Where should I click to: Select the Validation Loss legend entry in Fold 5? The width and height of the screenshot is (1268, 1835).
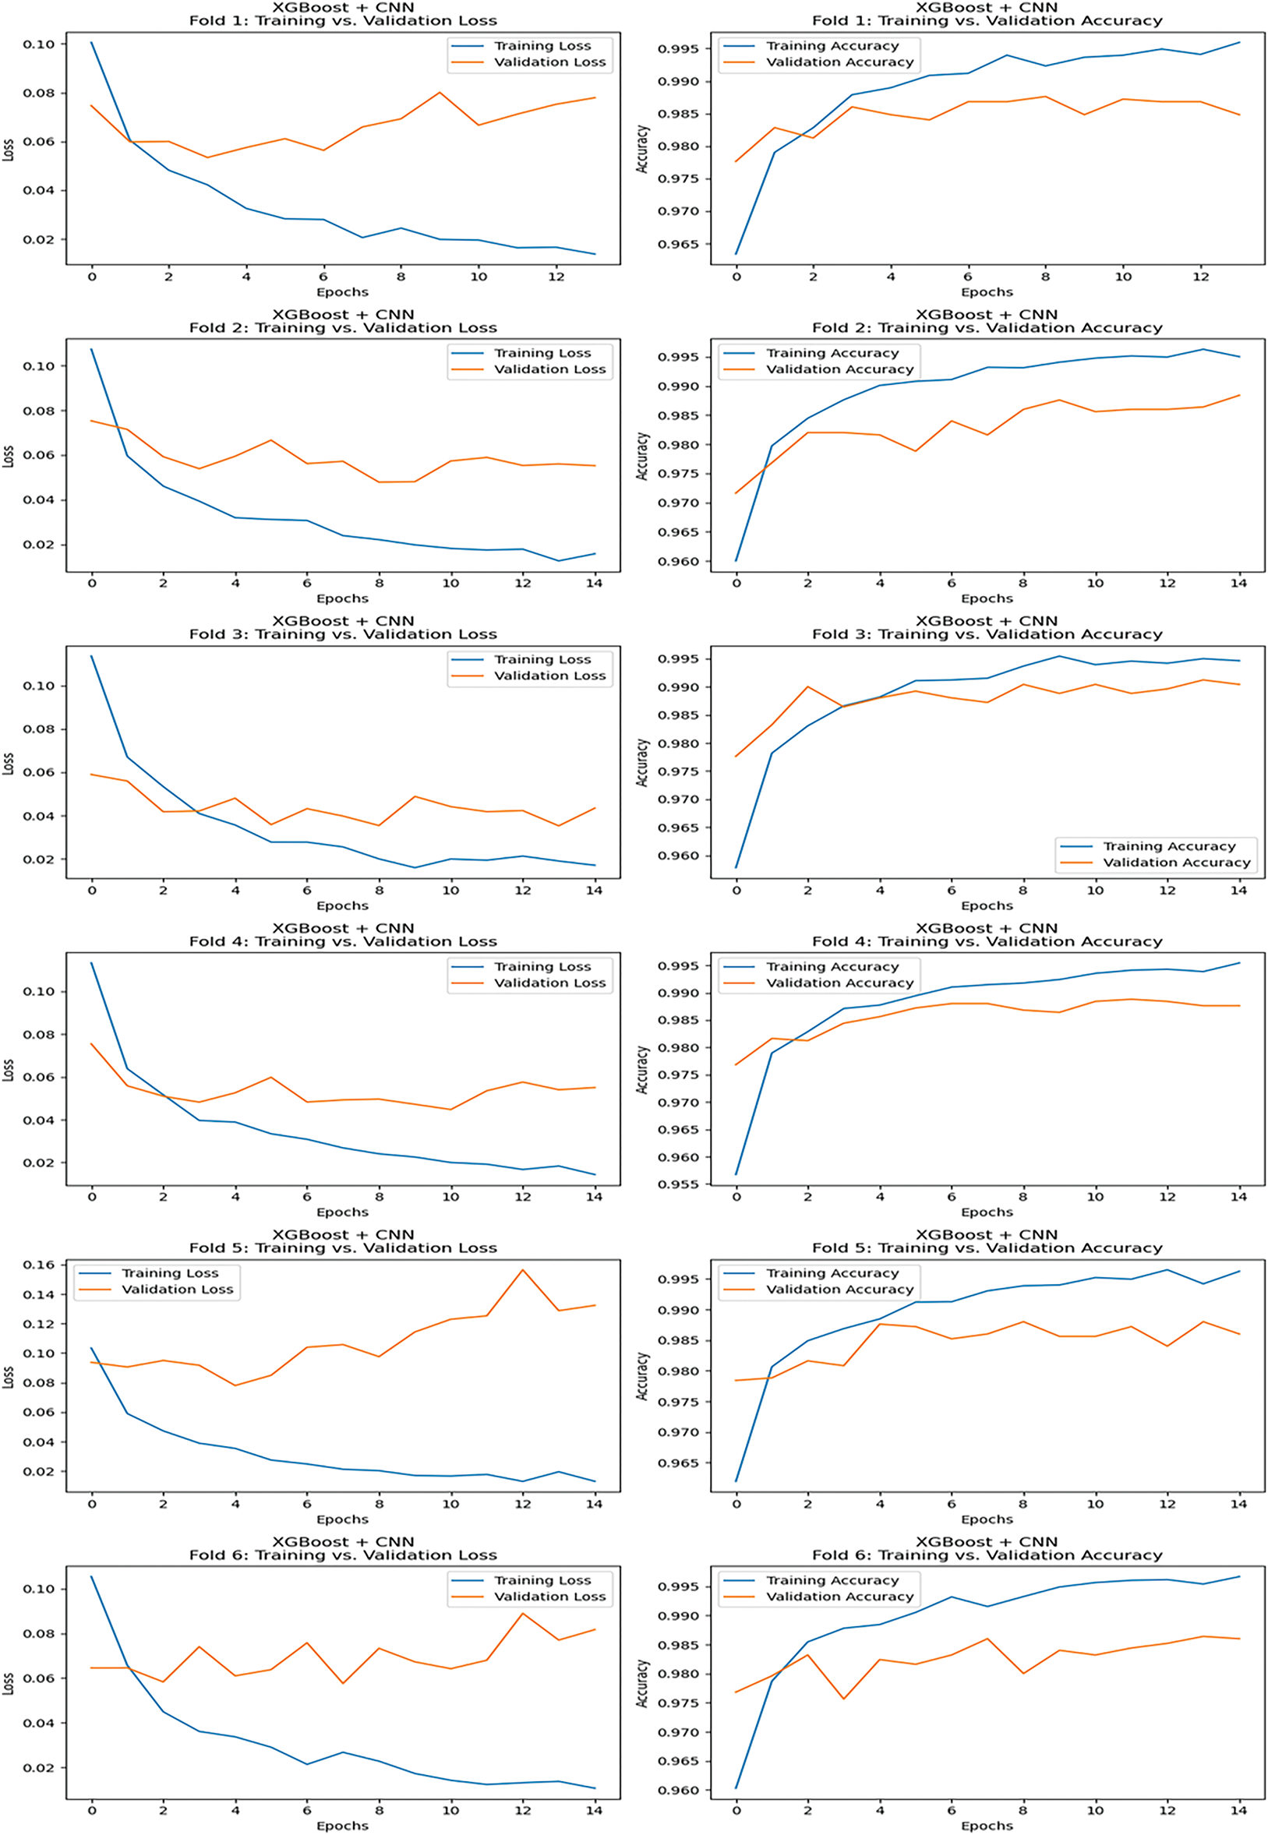[x=177, y=1290]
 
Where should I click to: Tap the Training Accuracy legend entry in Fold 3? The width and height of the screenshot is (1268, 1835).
[x=1169, y=846]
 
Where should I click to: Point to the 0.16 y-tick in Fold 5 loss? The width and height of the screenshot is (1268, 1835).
[x=39, y=1265]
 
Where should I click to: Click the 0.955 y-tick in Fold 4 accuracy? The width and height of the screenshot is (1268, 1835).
[x=679, y=1184]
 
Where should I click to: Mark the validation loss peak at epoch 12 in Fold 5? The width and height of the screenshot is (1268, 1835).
[x=523, y=1269]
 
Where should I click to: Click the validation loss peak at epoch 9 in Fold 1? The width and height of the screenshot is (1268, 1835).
[x=440, y=92]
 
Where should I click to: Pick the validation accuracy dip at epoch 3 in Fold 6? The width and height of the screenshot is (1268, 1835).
[x=844, y=1699]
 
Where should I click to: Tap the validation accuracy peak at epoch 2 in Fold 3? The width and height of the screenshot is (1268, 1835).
[x=808, y=686]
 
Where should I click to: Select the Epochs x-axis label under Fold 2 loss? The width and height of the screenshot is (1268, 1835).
[x=342, y=598]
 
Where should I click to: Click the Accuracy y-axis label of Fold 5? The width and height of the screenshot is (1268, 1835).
[x=642, y=1377]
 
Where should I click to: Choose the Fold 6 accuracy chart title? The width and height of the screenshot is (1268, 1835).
[x=987, y=1555]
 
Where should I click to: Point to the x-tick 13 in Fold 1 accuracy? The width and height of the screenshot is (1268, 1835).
[x=1239, y=277]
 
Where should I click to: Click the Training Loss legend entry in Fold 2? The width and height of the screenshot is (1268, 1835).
[x=542, y=353]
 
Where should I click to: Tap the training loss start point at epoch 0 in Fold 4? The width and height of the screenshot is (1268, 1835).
[x=91, y=963]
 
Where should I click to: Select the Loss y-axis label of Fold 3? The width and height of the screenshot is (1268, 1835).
[x=8, y=764]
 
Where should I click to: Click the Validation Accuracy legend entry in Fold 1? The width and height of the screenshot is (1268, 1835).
[x=840, y=62]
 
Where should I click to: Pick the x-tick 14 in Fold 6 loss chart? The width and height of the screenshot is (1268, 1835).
[x=595, y=1810]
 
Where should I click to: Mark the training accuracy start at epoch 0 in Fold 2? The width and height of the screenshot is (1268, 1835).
[x=736, y=560]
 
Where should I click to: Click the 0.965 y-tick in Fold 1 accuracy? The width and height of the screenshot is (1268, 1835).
[x=679, y=244]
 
